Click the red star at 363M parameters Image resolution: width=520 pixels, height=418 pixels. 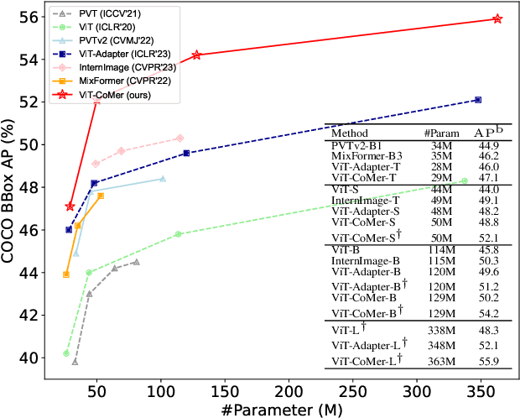click(497, 18)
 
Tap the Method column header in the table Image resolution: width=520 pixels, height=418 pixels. click(350, 133)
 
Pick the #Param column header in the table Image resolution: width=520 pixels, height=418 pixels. click(439, 133)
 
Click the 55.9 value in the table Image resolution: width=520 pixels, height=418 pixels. click(489, 361)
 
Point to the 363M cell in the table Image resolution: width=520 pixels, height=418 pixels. click(439, 361)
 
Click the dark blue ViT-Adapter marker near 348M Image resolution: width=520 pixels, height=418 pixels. click(478, 100)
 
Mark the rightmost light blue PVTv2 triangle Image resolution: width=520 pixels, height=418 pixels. click(162, 179)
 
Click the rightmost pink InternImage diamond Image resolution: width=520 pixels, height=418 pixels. click(180, 138)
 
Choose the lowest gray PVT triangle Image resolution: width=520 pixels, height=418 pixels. click(75, 362)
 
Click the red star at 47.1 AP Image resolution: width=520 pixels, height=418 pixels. click(70, 206)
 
